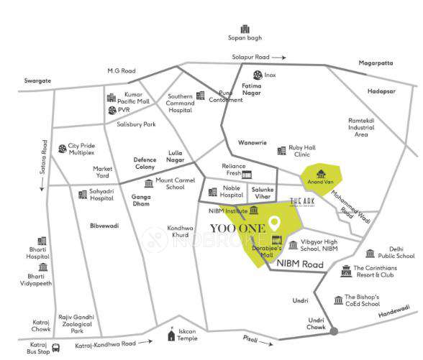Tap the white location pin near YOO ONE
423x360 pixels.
coord(274,223)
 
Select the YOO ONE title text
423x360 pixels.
coord(236,228)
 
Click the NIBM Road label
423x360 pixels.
coord(305,264)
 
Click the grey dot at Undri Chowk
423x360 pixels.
coord(334,331)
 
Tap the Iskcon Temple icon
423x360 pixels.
coord(171,335)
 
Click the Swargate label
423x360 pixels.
coord(38,81)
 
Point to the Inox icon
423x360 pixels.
coord(257,74)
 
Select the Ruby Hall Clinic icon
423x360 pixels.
coord(281,150)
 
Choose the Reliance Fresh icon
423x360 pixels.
coord(247,174)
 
